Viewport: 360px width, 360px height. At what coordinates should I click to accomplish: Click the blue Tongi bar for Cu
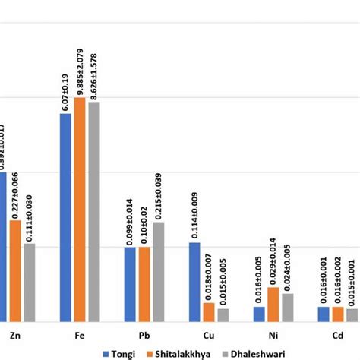click(x=194, y=282)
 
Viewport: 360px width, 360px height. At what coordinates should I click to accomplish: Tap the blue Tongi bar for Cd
click(x=324, y=314)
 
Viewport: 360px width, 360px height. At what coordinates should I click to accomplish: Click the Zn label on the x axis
click(x=14, y=334)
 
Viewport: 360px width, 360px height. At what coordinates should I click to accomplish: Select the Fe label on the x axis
click(x=80, y=334)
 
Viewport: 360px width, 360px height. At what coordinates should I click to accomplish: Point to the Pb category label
click(x=144, y=334)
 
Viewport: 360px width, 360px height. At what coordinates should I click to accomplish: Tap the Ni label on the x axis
click(x=273, y=334)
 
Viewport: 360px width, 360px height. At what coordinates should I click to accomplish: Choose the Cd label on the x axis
click(x=337, y=334)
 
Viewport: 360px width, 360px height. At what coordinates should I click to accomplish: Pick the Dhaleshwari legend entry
click(x=251, y=352)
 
